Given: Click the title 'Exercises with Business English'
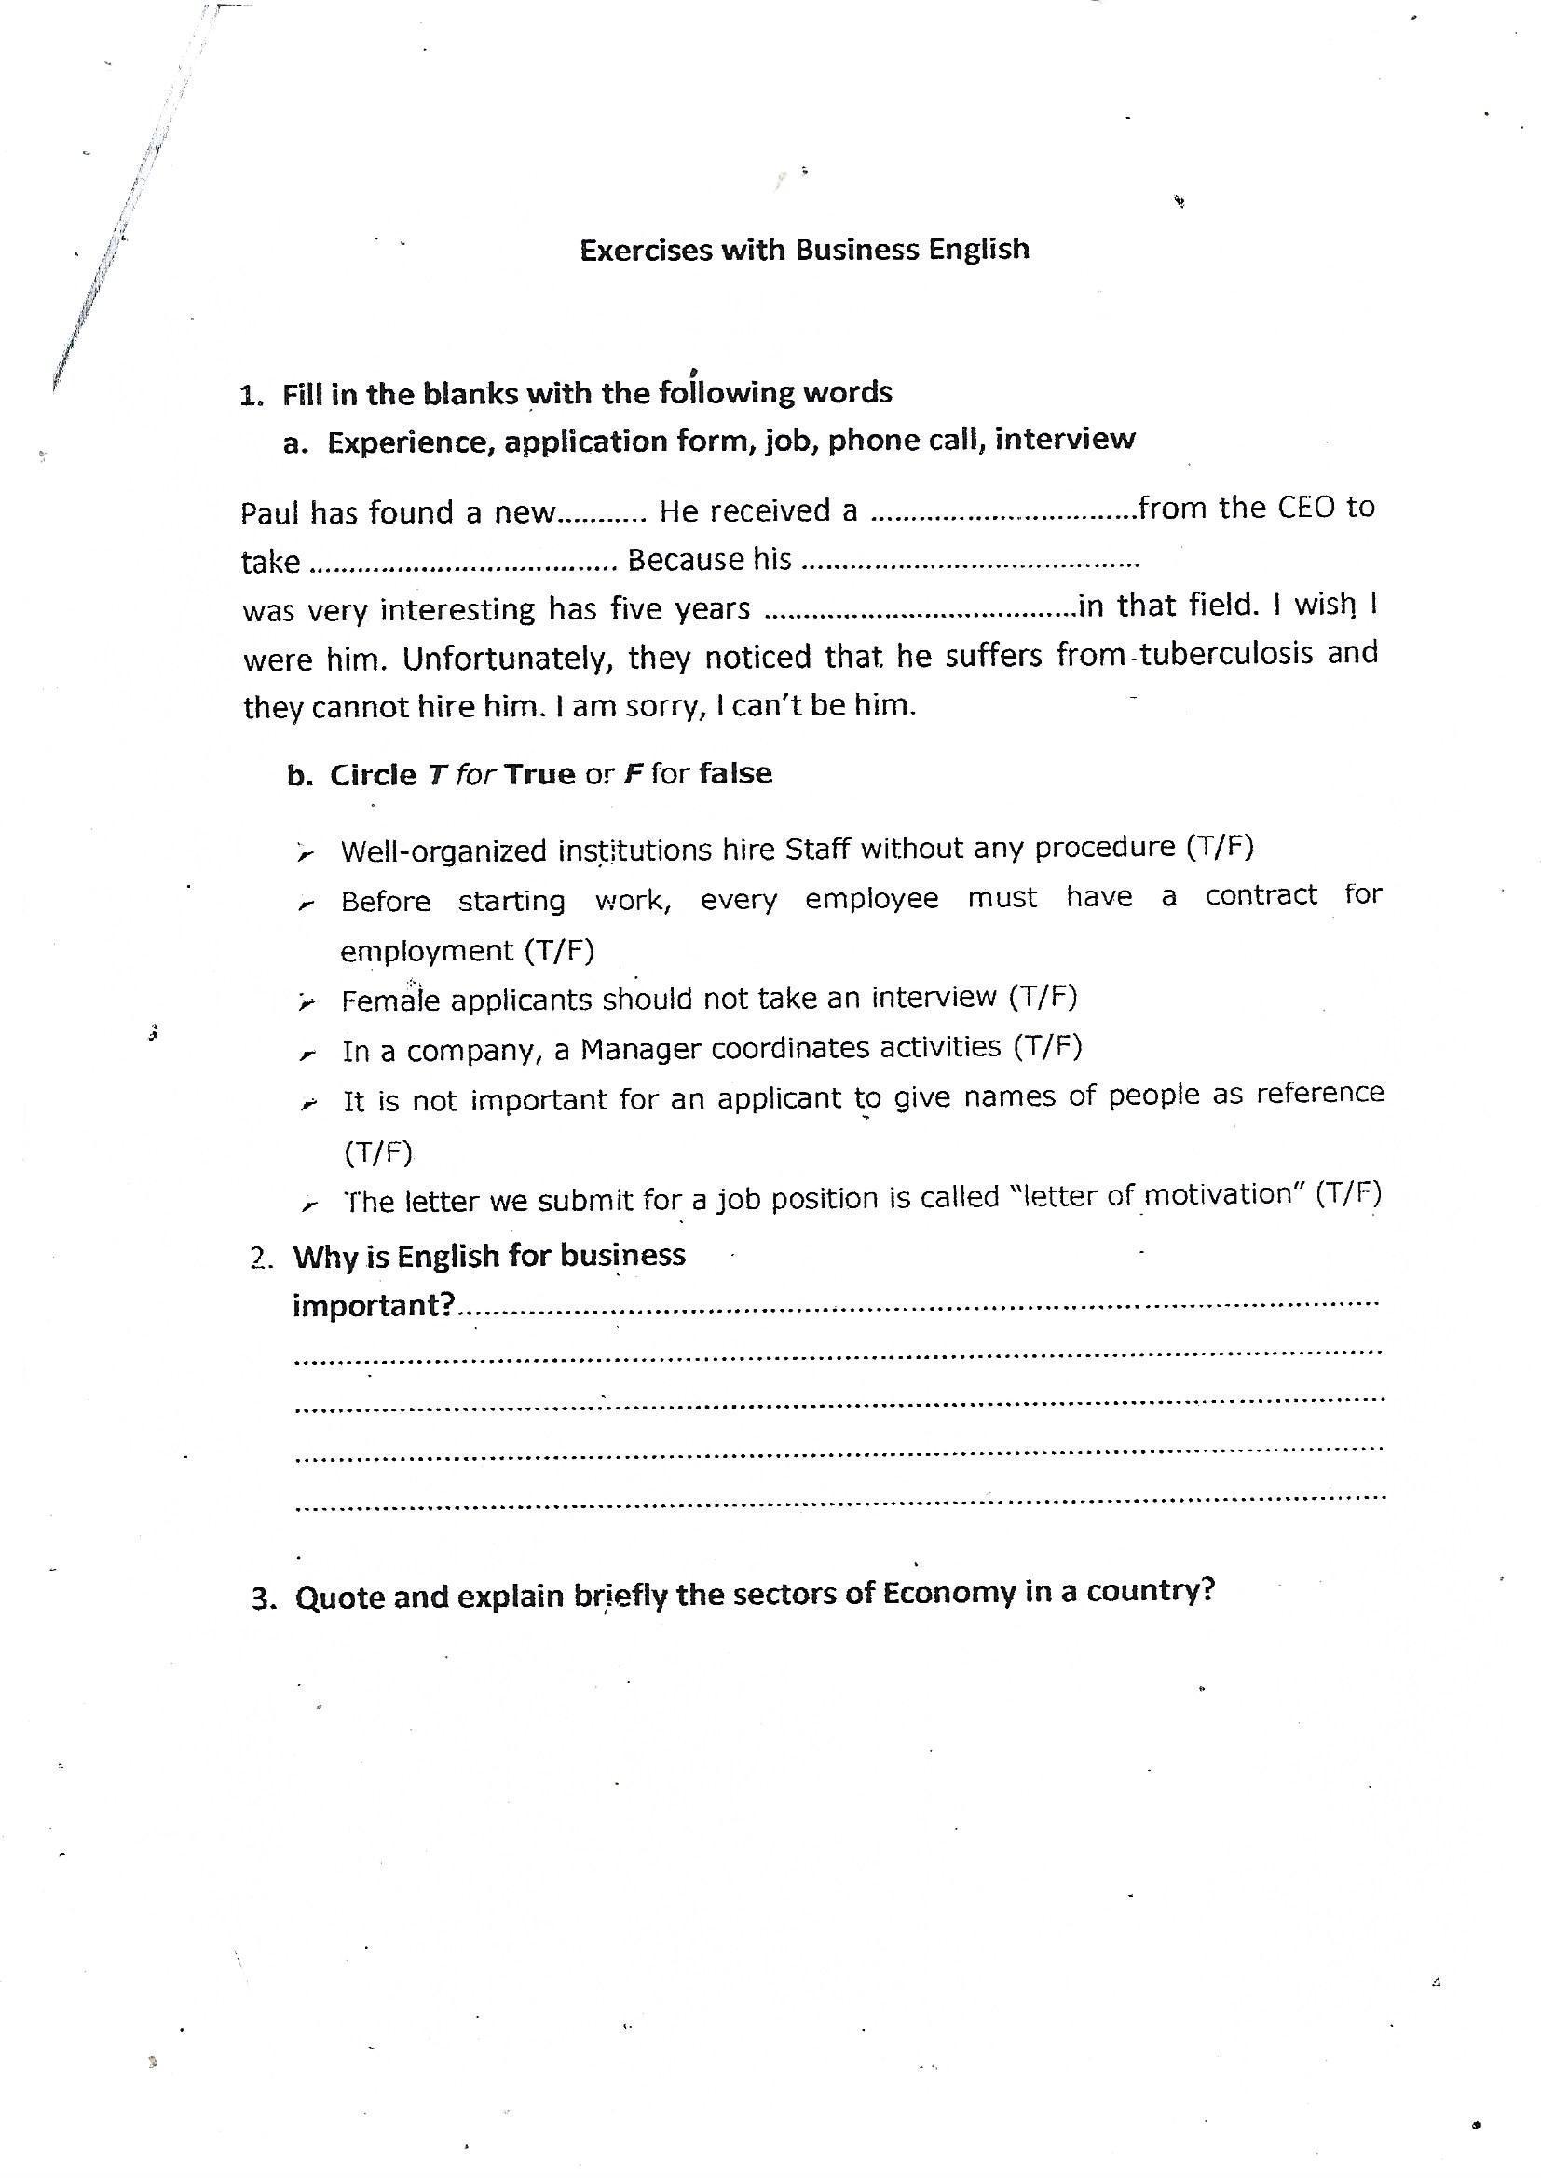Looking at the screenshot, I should click(804, 250).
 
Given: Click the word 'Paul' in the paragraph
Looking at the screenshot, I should click(269, 513).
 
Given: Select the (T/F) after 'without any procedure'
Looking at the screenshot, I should click(1221, 846).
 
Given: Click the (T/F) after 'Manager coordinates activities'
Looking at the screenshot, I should click(1047, 1046).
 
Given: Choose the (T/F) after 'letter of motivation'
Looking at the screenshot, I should click(1348, 1193).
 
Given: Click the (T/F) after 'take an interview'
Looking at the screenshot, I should click(1043, 996).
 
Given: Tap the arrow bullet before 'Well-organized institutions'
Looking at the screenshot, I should click(305, 853).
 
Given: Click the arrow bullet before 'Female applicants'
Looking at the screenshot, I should click(305, 1002).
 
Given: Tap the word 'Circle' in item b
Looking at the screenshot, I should click(373, 775).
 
